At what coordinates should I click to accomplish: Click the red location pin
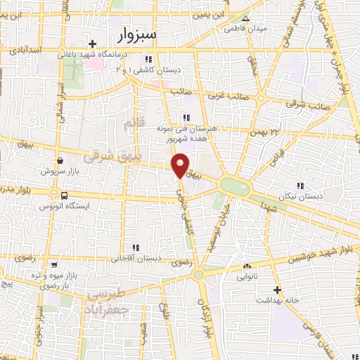click(x=180, y=165)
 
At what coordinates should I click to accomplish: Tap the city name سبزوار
click(x=136, y=34)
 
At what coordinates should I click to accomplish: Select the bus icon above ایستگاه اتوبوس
click(x=65, y=195)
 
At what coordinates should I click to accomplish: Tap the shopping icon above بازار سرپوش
click(x=61, y=161)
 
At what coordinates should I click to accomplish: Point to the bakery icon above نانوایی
click(x=247, y=266)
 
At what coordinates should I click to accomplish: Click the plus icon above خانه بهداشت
click(x=278, y=290)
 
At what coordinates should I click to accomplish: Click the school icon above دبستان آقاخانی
click(x=136, y=247)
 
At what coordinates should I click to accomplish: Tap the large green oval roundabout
click(x=234, y=186)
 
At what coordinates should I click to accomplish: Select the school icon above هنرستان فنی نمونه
click(x=186, y=117)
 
